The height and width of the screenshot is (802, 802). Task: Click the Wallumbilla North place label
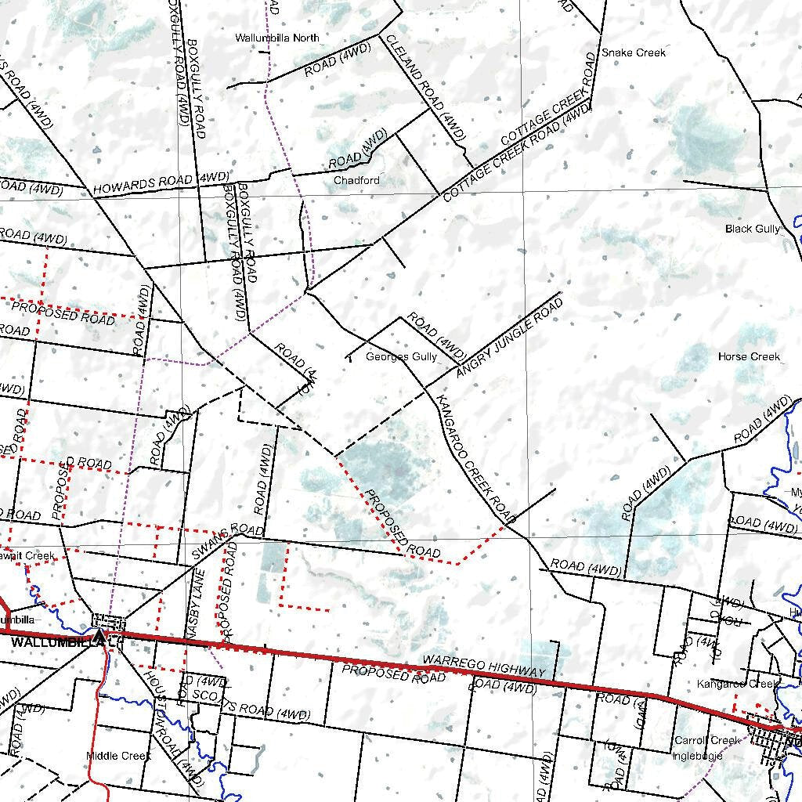277,38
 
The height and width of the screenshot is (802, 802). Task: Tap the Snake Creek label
634,52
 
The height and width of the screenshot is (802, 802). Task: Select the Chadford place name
356,180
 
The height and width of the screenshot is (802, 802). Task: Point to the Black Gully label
753,229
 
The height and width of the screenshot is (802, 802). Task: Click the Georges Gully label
401,356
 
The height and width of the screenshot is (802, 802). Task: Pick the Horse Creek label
749,356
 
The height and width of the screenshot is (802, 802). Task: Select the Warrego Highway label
483,667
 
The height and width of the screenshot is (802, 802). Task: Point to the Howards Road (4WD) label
161,183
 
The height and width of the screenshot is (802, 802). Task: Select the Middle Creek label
118,756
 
